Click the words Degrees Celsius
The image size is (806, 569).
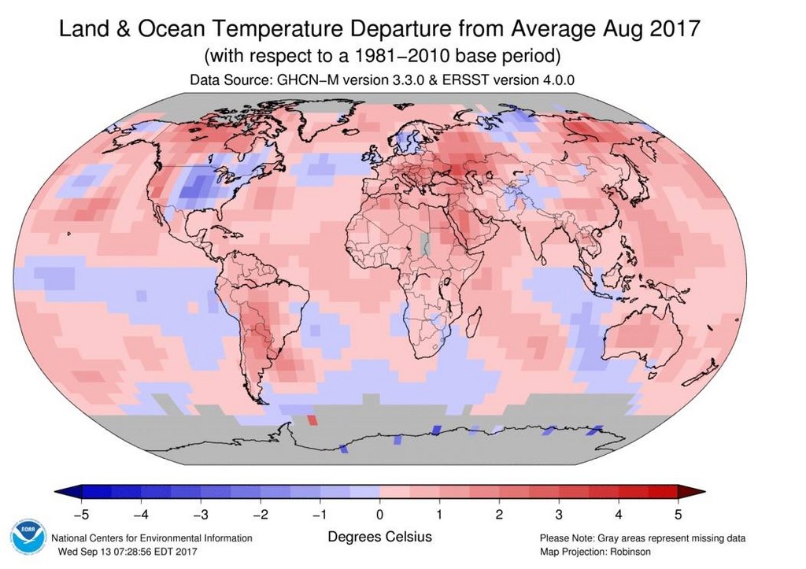[379, 537]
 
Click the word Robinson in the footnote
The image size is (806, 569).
[630, 552]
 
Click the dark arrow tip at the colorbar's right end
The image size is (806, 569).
[683, 493]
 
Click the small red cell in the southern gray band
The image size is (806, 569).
[312, 419]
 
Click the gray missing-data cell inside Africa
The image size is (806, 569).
[425, 241]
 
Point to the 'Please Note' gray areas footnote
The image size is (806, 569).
[642, 538]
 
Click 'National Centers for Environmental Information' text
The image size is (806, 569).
[152, 538]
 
